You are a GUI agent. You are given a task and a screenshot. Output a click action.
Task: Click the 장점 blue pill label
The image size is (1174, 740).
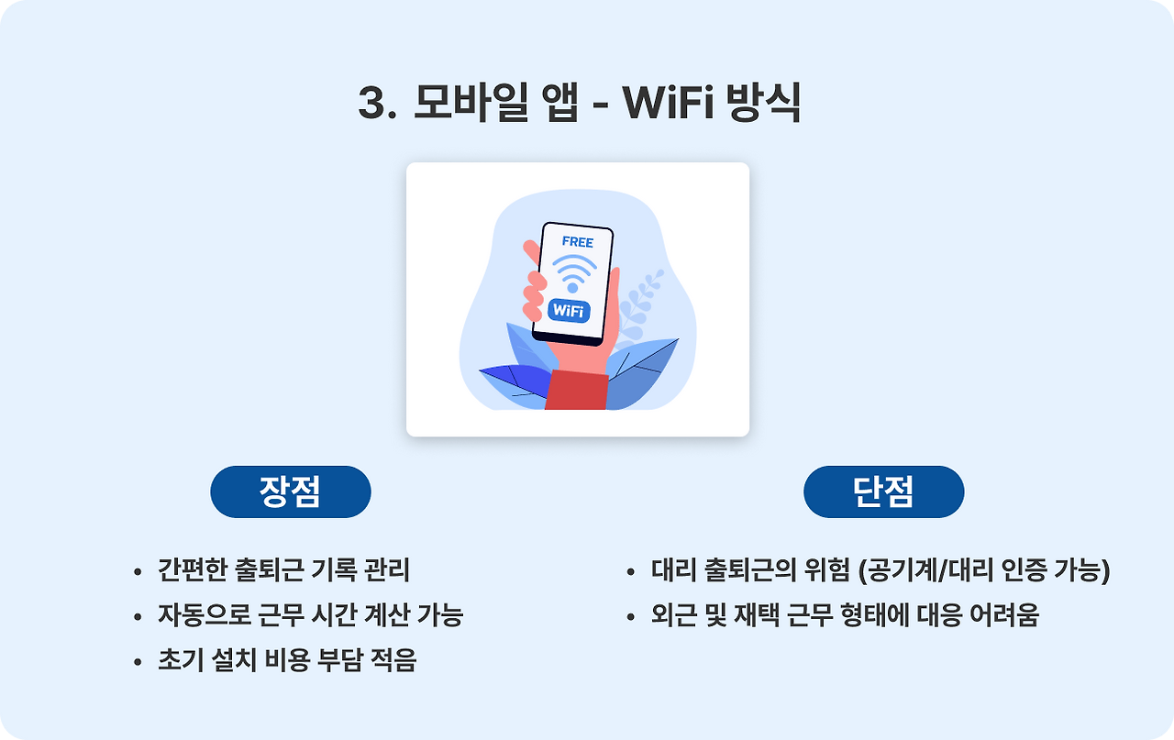tap(291, 492)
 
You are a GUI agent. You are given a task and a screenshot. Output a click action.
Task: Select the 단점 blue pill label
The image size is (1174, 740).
tap(883, 492)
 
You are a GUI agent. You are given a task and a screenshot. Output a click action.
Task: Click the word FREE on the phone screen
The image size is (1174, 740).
tap(577, 242)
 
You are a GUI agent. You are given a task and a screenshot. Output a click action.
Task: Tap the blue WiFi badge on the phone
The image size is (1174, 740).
tap(569, 310)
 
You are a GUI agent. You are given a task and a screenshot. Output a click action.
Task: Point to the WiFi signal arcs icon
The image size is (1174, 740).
tap(574, 272)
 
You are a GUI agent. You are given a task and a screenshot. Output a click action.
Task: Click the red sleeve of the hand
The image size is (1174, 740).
tap(577, 391)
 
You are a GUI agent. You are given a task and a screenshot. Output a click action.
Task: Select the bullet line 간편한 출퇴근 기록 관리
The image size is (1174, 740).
tap(283, 570)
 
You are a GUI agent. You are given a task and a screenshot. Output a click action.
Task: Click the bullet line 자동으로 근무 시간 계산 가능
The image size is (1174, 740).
tap(310, 615)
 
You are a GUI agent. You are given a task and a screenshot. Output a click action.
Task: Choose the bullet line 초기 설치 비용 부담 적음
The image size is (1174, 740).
tap(287, 661)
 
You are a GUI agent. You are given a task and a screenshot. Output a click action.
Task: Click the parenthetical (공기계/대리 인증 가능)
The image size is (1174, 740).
tap(984, 570)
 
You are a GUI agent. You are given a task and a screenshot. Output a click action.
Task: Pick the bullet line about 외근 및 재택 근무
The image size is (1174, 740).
tap(845, 615)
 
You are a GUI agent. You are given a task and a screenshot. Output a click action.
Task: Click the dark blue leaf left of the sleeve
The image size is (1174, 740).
tap(515, 376)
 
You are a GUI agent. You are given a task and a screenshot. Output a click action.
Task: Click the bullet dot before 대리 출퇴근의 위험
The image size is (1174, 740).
tap(631, 572)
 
